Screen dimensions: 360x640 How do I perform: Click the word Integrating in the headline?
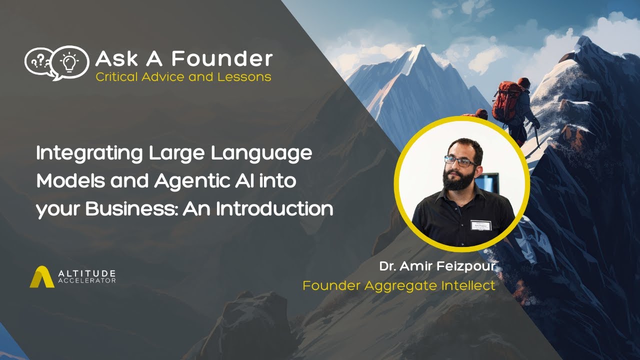pos(89,153)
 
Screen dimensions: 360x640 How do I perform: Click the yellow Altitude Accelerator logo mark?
pos(42,277)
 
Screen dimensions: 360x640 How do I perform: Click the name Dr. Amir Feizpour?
pos(437,266)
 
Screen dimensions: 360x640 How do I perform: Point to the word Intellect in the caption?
pos(467,285)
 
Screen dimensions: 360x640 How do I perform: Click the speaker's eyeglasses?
pos(460,160)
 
